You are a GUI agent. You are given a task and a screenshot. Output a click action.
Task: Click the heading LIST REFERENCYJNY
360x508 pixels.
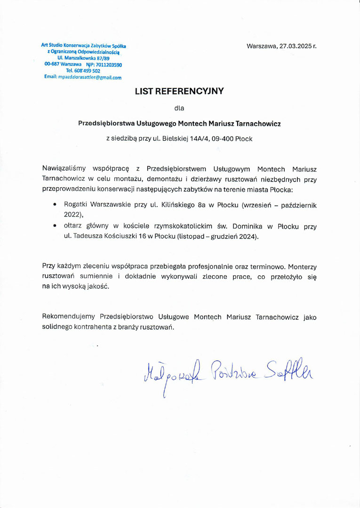pyautogui.click(x=179, y=91)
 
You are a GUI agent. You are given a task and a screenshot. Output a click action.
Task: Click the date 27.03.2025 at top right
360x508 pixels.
pyautogui.click(x=295, y=47)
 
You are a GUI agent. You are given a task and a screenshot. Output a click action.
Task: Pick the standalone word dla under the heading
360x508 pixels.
pyautogui.click(x=179, y=108)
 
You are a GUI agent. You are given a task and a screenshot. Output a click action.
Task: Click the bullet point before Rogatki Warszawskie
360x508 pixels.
pyautogui.click(x=56, y=205)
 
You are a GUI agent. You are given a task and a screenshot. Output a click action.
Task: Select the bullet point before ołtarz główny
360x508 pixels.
pyautogui.click(x=56, y=226)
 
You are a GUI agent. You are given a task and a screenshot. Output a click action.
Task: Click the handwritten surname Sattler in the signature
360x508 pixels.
pyautogui.click(x=288, y=371)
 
